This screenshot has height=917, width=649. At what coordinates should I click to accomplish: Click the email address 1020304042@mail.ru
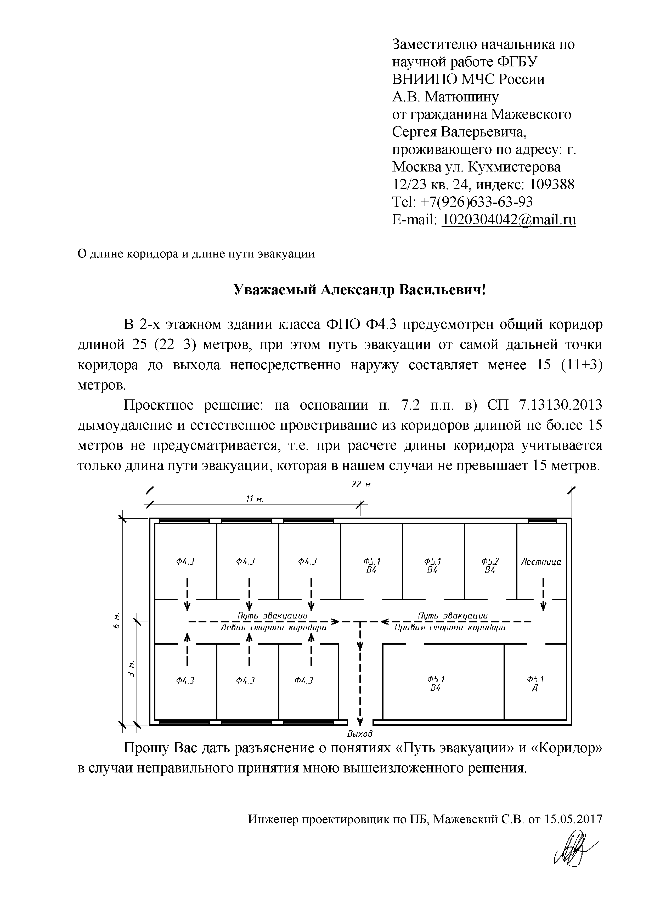[x=508, y=220]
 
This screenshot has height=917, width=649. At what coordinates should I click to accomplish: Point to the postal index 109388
[x=552, y=185]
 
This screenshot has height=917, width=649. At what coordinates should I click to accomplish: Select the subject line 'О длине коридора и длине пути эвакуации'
[x=196, y=254]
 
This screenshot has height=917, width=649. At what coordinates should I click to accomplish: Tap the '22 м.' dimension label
[x=362, y=484]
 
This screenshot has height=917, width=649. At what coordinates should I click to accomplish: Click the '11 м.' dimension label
[x=254, y=499]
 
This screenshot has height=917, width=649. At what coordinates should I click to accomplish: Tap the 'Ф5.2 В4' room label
[x=490, y=565]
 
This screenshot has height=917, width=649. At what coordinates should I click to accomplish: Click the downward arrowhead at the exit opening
[x=360, y=721]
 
